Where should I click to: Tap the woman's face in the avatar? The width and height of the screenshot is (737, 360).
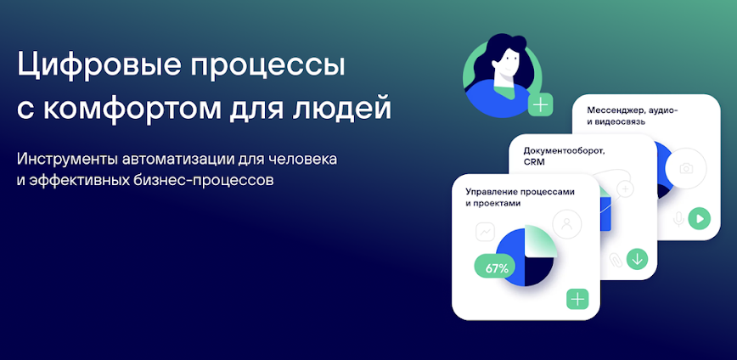pos(506,65)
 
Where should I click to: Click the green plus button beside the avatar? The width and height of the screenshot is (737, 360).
pos(541,104)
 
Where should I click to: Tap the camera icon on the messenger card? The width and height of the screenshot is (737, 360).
pos(686,168)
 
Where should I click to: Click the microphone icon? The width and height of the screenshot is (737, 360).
pos(678,219)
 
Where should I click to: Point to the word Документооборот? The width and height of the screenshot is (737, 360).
pos(557,151)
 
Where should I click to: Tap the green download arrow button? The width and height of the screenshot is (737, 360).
pos(637,259)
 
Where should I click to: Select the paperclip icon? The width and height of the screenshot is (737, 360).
pos(615,260)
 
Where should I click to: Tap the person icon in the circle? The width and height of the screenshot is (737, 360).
pos(567,224)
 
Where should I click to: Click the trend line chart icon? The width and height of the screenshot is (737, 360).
pos(485,232)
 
